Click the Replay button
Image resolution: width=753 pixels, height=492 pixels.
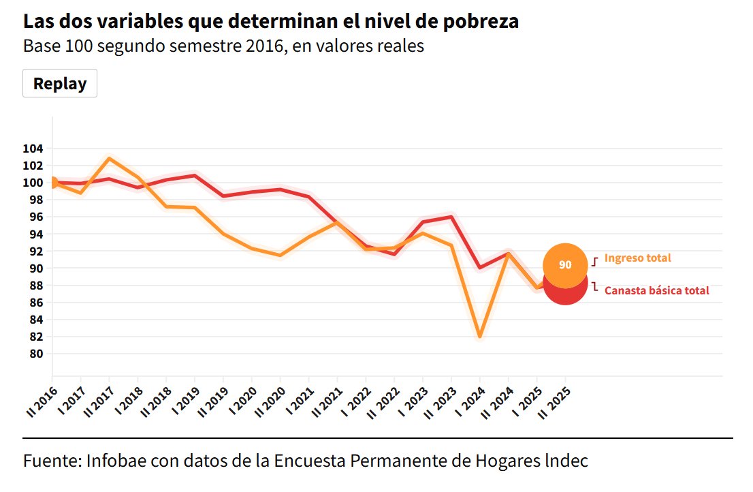(x=60, y=84)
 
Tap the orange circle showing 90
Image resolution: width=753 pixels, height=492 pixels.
(x=564, y=265)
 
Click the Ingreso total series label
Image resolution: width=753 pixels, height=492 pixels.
(x=637, y=258)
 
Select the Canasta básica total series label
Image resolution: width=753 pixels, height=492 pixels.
(x=656, y=290)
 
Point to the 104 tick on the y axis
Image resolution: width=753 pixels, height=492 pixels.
(x=33, y=149)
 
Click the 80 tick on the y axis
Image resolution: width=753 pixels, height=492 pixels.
(x=35, y=354)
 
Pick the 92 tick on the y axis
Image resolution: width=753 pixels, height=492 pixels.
(x=35, y=251)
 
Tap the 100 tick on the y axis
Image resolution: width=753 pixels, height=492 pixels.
(x=33, y=183)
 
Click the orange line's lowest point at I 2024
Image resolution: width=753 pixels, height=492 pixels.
(x=480, y=337)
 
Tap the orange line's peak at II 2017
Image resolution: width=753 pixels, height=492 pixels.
(x=110, y=159)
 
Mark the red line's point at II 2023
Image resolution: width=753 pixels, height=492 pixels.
(x=451, y=217)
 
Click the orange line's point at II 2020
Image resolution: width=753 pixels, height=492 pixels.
(x=280, y=256)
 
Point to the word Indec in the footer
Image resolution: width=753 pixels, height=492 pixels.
(x=566, y=460)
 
